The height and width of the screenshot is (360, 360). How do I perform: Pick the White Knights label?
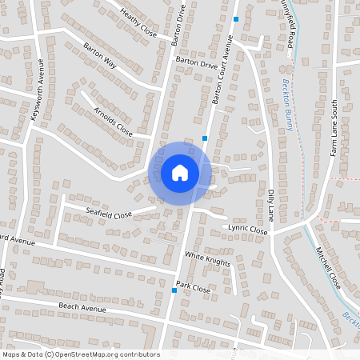pos(207,260)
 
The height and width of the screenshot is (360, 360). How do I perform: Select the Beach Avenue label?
pos(83,308)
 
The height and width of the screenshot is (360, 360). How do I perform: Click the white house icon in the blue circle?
pos(180,173)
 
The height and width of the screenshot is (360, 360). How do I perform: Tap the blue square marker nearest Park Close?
pos(174,290)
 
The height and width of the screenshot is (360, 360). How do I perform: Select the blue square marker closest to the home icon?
pos(206,138)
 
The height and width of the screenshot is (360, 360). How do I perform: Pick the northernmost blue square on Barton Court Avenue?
pos(236,18)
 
